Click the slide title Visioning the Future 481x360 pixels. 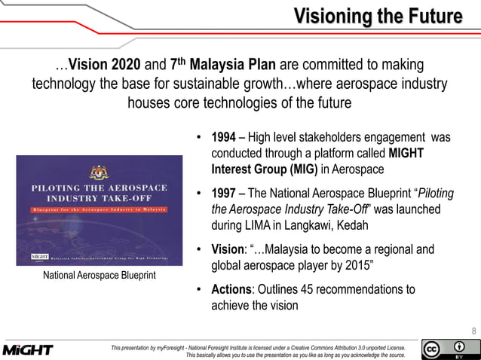(376, 16)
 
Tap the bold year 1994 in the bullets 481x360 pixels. (225, 138)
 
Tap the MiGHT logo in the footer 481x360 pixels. (28, 350)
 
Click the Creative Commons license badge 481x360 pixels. (449, 349)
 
